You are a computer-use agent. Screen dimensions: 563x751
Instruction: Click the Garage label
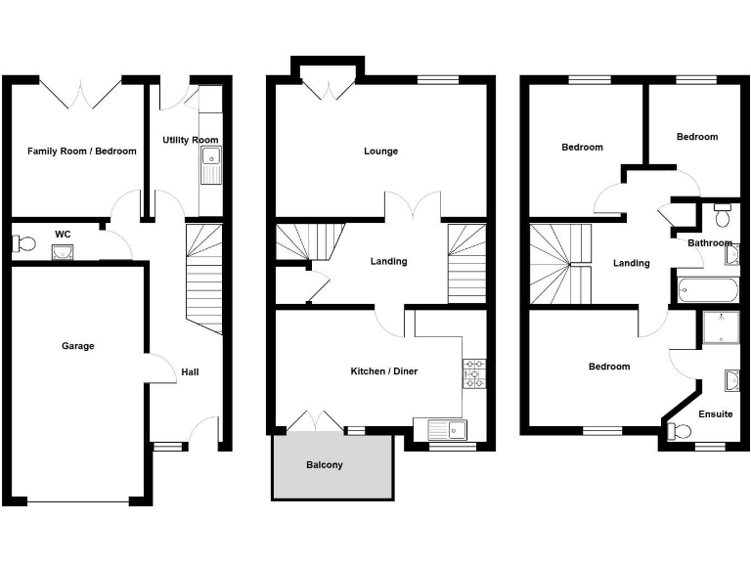click(78, 346)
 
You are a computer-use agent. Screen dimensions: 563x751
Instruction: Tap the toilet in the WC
click(23, 243)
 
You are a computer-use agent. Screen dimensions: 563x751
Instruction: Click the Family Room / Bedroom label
click(82, 152)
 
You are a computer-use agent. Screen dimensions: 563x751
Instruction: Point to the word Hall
click(190, 372)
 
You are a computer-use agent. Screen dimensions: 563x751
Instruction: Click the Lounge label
click(380, 152)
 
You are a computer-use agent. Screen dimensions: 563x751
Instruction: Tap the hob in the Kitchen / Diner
click(474, 373)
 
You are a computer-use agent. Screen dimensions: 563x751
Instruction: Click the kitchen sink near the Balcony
click(442, 428)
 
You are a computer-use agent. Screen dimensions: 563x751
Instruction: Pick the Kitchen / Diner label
click(384, 371)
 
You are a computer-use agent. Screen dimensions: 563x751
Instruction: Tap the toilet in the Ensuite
click(676, 430)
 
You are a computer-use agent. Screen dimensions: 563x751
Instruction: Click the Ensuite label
click(716, 414)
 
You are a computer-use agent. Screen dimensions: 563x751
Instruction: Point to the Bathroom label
click(709, 243)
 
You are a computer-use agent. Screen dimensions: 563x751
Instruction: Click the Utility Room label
click(191, 141)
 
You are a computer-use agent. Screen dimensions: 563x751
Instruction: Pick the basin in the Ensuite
click(731, 379)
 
